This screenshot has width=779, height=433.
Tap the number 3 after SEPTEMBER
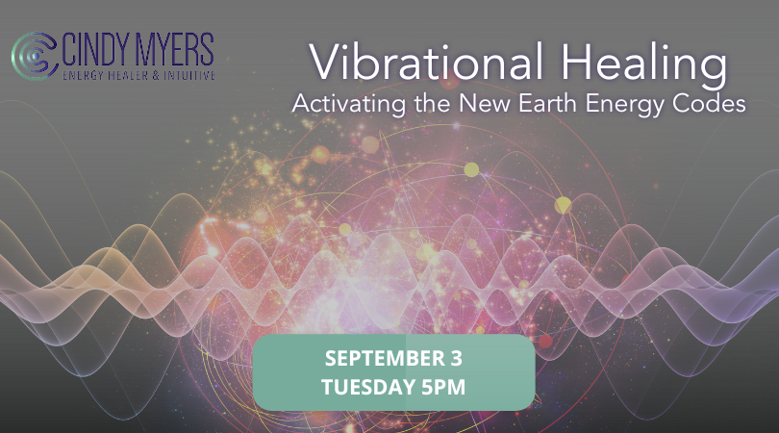coord(455,359)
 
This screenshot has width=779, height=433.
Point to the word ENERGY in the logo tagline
coord(87,72)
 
